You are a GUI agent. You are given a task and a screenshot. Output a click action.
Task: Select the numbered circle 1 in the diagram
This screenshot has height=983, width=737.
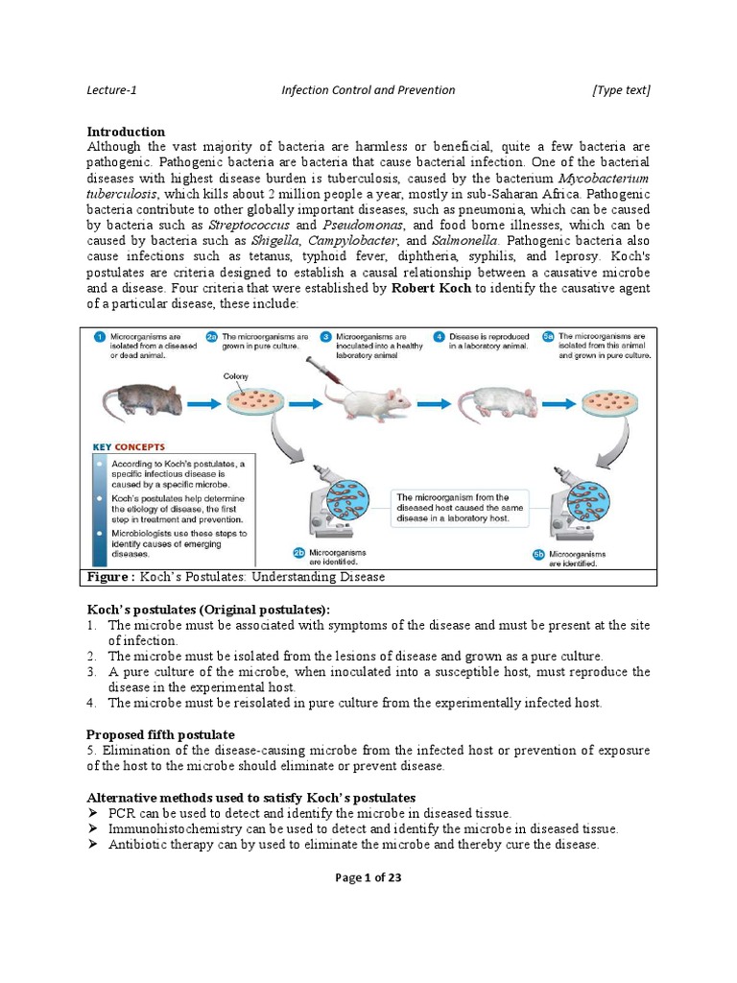(99, 338)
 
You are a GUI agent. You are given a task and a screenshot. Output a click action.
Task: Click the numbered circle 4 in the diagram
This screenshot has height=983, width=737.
(438, 338)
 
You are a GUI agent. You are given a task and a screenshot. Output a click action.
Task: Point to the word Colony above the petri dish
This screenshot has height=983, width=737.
(236, 377)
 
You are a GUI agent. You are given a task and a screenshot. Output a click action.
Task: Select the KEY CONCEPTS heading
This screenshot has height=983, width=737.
(130, 446)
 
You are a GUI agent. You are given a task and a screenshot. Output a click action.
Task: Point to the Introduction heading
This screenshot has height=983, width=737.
(126, 132)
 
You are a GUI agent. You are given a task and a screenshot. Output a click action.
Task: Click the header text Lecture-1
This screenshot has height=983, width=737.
(112, 90)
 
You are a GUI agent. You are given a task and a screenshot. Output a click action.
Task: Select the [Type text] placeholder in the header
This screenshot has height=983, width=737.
(621, 90)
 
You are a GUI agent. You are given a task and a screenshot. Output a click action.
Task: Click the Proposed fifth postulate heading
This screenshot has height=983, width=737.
(160, 734)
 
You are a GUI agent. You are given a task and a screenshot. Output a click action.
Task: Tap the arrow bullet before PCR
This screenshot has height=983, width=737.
(93, 813)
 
